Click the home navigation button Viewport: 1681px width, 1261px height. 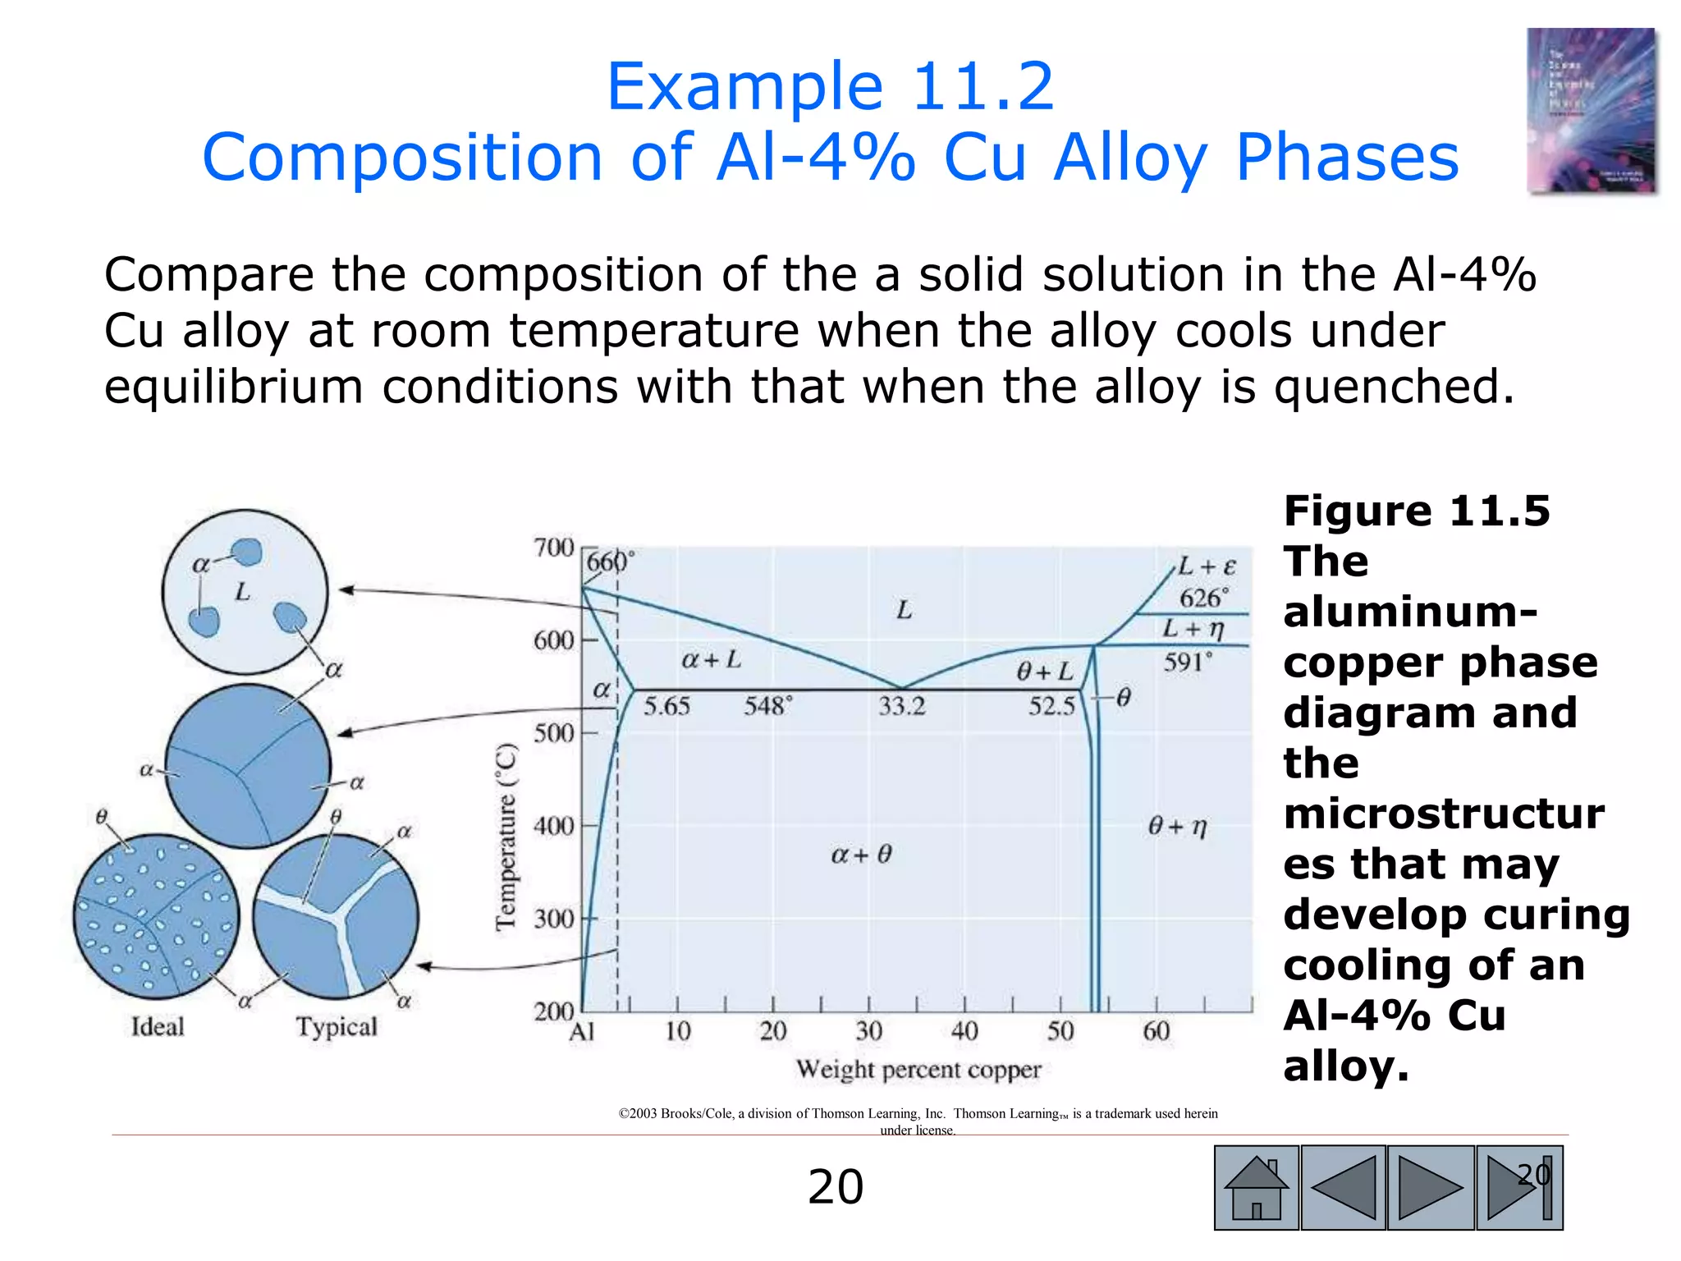click(x=1256, y=1187)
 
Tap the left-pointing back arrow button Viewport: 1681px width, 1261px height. click(x=1344, y=1187)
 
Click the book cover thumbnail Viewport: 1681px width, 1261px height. click(x=1591, y=112)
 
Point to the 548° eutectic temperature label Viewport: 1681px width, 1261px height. click(x=768, y=706)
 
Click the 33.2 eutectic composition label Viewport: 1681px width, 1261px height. click(x=901, y=706)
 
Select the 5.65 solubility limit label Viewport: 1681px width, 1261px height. click(x=666, y=706)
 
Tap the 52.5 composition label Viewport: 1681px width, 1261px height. click(x=1051, y=706)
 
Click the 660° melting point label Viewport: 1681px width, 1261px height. click(x=610, y=562)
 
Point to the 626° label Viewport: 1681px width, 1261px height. click(x=1204, y=598)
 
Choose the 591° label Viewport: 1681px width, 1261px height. click(x=1188, y=663)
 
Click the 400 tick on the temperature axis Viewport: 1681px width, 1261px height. click(x=554, y=826)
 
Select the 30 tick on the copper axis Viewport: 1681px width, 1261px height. click(x=868, y=1031)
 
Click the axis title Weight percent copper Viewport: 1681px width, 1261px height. click(x=918, y=1070)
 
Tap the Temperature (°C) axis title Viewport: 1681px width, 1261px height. click(x=506, y=837)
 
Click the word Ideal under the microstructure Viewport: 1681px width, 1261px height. click(x=158, y=1027)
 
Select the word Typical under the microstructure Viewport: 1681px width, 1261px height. click(x=337, y=1027)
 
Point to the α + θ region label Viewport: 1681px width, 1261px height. click(x=861, y=855)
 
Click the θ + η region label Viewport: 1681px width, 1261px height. click(x=1177, y=827)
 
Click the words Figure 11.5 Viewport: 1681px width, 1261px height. click(x=1417, y=511)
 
